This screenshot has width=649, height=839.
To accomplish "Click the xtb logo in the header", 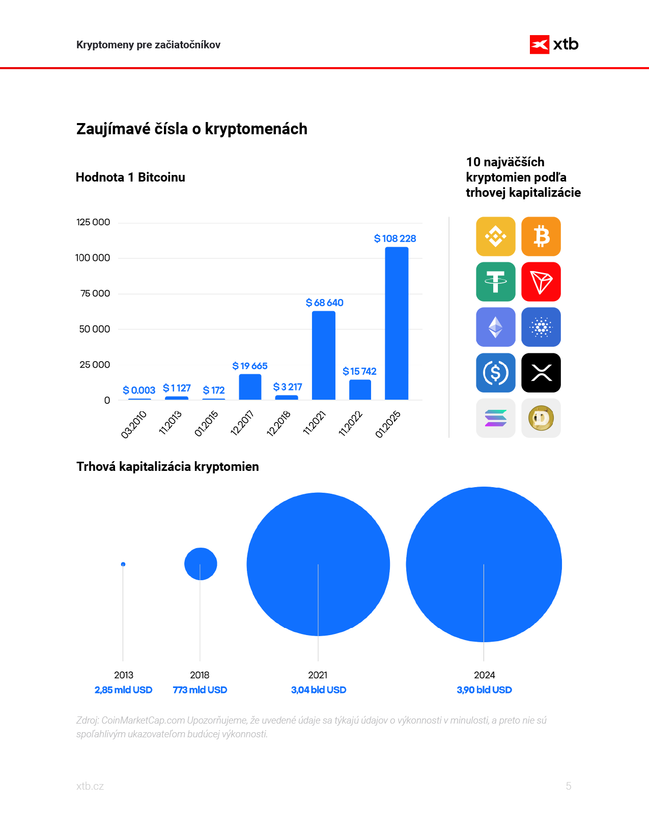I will [554, 45].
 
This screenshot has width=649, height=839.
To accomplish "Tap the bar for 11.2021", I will [324, 355].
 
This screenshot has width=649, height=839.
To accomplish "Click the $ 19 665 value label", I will [249, 366].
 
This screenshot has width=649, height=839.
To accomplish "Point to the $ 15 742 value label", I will [359, 372].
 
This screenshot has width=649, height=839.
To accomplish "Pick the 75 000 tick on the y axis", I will [95, 293].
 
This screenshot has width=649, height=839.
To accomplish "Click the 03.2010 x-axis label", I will [134, 424].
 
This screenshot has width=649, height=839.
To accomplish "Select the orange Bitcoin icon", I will [541, 236].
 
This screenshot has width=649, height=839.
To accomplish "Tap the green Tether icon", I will [496, 282].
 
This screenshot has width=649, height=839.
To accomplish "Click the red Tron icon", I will [541, 282].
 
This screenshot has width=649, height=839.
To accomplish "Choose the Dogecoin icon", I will [541, 418].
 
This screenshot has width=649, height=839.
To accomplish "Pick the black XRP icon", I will [541, 373].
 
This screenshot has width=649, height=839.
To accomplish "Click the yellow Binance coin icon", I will [496, 236].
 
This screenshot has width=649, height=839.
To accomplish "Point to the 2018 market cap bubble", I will [201, 564].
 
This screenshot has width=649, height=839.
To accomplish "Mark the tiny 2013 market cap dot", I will [123, 564].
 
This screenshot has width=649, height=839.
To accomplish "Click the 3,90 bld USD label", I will [484, 690].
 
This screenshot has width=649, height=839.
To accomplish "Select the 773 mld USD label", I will [200, 690].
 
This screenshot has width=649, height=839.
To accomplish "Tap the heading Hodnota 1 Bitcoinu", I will [130, 177].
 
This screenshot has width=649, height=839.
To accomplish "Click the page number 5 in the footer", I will [569, 786].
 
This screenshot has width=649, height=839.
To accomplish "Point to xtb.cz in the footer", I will [90, 786].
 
